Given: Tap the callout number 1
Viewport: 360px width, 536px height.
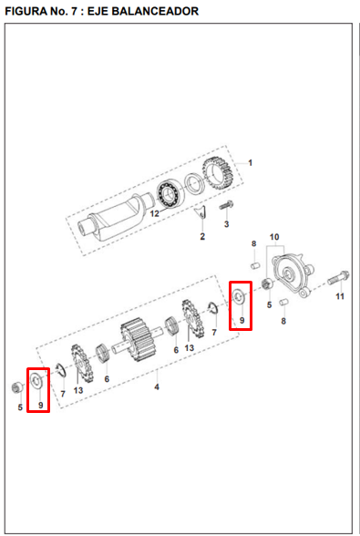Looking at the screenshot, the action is tap(250, 162).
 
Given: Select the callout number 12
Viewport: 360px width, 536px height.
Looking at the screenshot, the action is tap(155, 214).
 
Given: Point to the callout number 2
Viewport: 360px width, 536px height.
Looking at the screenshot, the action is tap(202, 236).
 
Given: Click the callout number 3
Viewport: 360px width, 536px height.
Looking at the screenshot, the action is tap(226, 224).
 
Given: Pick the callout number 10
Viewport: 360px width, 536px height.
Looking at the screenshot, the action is tap(274, 237).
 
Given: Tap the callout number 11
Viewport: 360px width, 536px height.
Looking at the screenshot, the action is tap(340, 296).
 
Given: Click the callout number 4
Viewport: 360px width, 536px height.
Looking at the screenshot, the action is tap(157, 387).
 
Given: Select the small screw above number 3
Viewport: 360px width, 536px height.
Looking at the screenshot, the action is tap(226, 206).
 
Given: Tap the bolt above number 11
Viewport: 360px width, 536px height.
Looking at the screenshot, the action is tap(338, 277).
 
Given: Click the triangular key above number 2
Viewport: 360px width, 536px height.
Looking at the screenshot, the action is tap(201, 212).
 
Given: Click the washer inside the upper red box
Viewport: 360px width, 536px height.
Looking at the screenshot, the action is tap(238, 296).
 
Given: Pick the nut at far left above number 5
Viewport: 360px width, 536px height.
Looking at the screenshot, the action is tap(16, 387).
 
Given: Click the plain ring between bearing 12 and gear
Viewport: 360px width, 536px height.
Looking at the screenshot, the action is tap(195, 184).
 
